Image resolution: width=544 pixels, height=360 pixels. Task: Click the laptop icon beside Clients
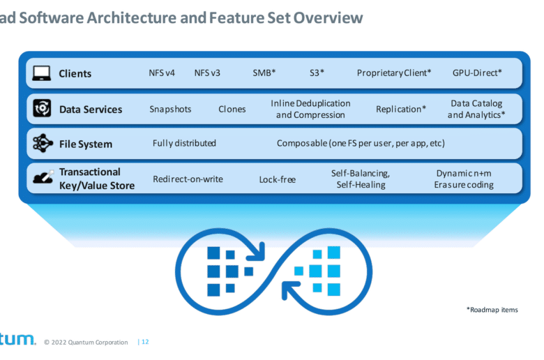(42, 73)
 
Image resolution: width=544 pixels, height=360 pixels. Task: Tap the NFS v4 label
(162, 73)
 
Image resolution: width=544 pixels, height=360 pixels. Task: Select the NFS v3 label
(207, 73)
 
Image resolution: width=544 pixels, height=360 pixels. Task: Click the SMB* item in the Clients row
(264, 73)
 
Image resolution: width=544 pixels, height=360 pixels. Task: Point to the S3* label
(317, 73)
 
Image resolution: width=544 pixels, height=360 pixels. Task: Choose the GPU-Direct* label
(477, 73)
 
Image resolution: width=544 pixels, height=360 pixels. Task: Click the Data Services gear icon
(42, 108)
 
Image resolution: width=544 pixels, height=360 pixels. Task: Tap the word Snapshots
(170, 110)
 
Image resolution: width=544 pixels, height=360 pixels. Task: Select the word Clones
(232, 109)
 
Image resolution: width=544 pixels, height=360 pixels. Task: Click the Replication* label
(401, 109)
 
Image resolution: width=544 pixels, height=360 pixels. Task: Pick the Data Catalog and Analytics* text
(476, 109)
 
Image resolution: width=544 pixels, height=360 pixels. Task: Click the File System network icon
(43, 143)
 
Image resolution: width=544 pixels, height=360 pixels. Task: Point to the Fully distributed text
(184, 144)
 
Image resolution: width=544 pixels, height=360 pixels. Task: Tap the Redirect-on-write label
(188, 179)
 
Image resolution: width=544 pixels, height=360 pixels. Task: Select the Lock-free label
(278, 179)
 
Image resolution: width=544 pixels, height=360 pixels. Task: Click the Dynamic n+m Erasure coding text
(464, 179)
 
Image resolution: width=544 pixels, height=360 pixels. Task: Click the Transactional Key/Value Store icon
(43, 177)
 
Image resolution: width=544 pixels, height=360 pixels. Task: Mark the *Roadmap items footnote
(492, 310)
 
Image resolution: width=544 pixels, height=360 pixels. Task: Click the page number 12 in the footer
(145, 342)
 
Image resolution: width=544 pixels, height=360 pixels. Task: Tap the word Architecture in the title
(132, 17)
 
